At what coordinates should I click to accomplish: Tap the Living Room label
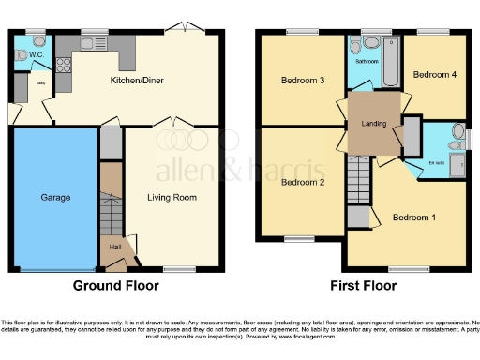pyautogui.click(x=172, y=198)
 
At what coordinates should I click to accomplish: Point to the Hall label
pyautogui.click(x=115, y=247)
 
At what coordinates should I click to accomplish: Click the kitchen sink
pyautogui.click(x=94, y=43)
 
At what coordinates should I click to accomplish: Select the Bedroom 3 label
pyautogui.click(x=302, y=81)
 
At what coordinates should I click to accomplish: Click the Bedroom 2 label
pyautogui.click(x=302, y=182)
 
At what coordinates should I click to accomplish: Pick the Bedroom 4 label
pyautogui.click(x=433, y=73)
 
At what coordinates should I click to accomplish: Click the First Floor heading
pyautogui.click(x=362, y=285)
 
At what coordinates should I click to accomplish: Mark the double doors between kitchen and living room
pyautogui.click(x=172, y=123)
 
